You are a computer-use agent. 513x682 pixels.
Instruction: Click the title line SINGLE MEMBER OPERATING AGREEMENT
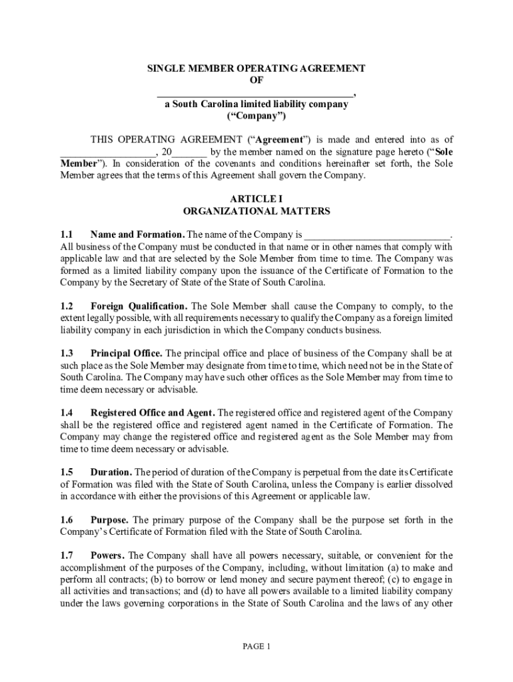(256, 69)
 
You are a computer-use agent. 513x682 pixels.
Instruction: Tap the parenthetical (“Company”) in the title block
(256, 116)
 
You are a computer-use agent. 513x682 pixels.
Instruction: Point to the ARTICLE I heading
(256, 199)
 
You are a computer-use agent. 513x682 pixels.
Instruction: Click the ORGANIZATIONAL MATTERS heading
(256, 211)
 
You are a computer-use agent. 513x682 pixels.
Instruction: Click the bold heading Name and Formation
(137, 235)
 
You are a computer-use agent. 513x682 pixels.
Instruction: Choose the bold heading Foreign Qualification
(139, 306)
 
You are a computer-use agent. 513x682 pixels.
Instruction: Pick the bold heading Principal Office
(126, 354)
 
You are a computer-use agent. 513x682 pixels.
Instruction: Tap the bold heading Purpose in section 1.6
(109, 520)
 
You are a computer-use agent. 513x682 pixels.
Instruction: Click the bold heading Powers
(107, 555)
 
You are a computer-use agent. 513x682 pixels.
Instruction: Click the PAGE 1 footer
(256, 647)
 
